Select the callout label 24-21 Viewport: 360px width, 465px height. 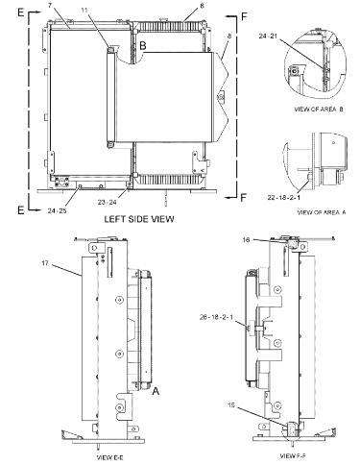tap(297, 37)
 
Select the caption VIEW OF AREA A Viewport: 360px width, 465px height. tap(320, 210)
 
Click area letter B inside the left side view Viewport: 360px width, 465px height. tap(141, 45)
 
